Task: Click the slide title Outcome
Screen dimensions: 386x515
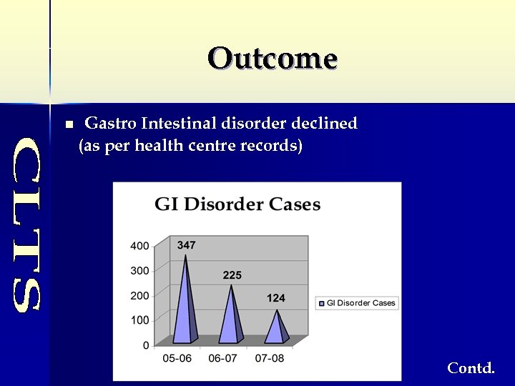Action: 273,58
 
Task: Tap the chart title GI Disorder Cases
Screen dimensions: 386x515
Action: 237,204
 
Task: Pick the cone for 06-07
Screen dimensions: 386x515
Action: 231,318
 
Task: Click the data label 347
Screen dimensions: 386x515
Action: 186,245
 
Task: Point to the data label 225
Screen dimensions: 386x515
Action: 232,275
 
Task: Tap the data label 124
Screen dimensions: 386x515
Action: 276,297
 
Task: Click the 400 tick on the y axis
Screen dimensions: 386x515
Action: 139,246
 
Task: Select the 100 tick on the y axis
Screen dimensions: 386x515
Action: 139,320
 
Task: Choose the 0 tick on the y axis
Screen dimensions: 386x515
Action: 146,345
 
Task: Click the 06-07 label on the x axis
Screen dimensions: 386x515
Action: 223,358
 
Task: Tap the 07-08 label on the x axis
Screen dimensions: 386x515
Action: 269,358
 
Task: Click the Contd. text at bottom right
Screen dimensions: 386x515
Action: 471,368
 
